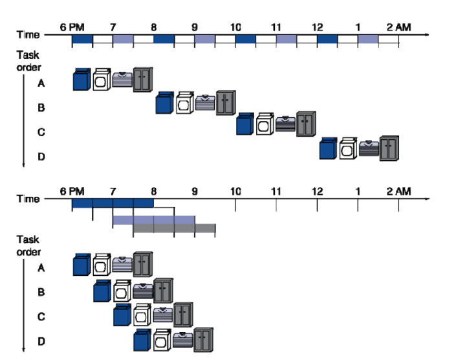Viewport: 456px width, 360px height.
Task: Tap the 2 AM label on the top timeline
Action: (398, 28)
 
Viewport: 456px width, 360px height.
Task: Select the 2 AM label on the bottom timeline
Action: (398, 192)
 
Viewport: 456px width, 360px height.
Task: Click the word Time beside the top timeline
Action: (28, 35)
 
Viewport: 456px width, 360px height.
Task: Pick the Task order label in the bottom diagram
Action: (28, 245)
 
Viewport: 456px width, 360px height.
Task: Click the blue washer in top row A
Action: (81, 80)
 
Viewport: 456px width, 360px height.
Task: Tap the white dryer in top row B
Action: (185, 103)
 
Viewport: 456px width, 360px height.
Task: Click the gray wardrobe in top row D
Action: (389, 149)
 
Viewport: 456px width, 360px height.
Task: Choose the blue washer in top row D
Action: (328, 149)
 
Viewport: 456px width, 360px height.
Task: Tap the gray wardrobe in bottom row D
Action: (204, 340)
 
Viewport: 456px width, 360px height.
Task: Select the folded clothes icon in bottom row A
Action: (122, 264)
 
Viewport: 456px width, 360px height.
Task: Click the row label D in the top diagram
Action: (40, 155)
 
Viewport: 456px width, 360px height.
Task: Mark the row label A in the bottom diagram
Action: (40, 267)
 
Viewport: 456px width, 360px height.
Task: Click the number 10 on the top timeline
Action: (235, 28)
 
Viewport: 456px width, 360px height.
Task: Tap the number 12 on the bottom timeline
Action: (317, 192)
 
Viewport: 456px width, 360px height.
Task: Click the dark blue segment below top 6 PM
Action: (81, 39)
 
